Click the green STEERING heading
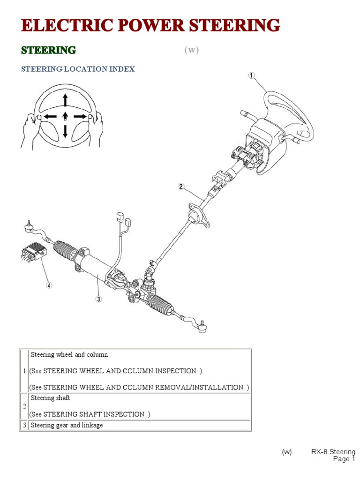click(x=49, y=50)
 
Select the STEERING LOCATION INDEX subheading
click(x=78, y=69)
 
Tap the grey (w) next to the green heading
click(x=191, y=51)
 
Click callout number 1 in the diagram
click(x=252, y=75)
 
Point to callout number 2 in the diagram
click(x=180, y=186)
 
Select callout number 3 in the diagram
click(x=98, y=299)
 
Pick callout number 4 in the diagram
click(x=49, y=285)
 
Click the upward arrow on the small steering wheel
click(x=65, y=100)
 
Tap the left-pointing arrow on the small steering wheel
click(x=50, y=116)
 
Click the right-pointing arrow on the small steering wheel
click(x=80, y=116)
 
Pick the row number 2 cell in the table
click(x=24, y=406)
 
